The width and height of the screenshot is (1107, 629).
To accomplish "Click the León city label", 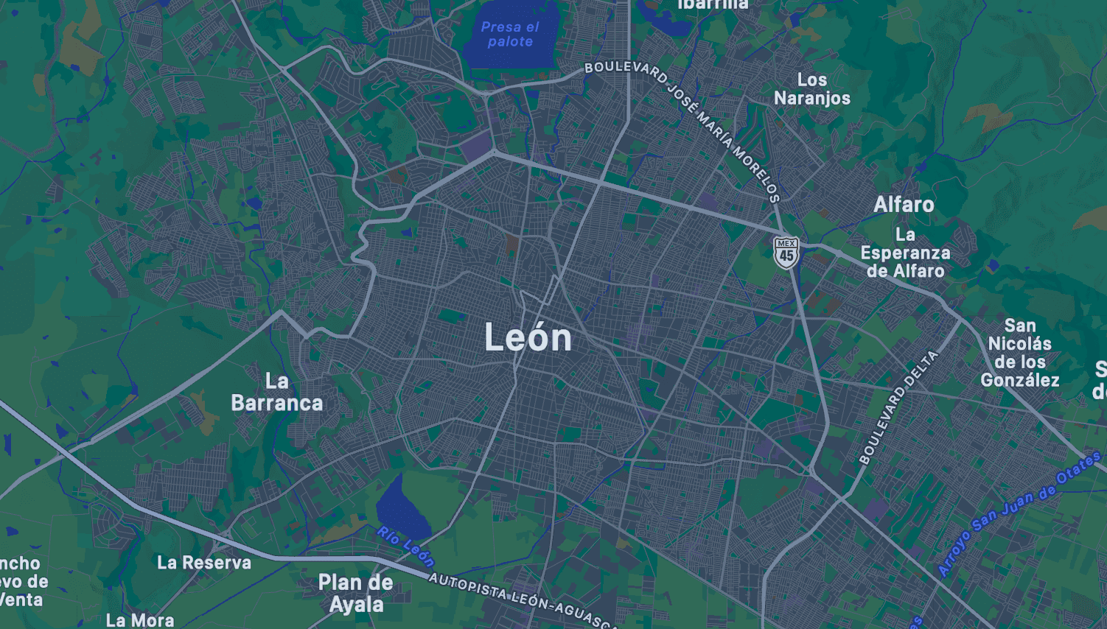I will click(528, 338).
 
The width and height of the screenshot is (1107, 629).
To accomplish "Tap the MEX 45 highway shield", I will click(786, 252).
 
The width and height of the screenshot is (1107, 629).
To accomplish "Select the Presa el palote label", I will click(510, 35).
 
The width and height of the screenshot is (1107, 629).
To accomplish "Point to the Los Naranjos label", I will click(811, 89).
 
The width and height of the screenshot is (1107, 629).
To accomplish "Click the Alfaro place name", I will click(904, 205).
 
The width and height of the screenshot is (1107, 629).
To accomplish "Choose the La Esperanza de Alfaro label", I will click(905, 253).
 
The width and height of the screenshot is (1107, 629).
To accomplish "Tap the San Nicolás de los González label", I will click(1020, 353).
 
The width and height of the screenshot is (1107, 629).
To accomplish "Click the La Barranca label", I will click(276, 392).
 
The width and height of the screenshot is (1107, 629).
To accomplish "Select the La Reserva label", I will click(204, 563).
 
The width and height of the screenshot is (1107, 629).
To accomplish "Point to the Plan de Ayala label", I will click(355, 593).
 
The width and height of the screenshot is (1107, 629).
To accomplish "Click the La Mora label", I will click(140, 620).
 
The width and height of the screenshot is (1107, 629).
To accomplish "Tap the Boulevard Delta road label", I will click(898, 407).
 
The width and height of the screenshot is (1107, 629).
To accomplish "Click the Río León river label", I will click(405, 546).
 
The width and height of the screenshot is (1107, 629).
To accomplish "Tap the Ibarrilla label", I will click(713, 5).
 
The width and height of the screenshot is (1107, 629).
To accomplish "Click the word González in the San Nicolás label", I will click(1020, 380).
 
